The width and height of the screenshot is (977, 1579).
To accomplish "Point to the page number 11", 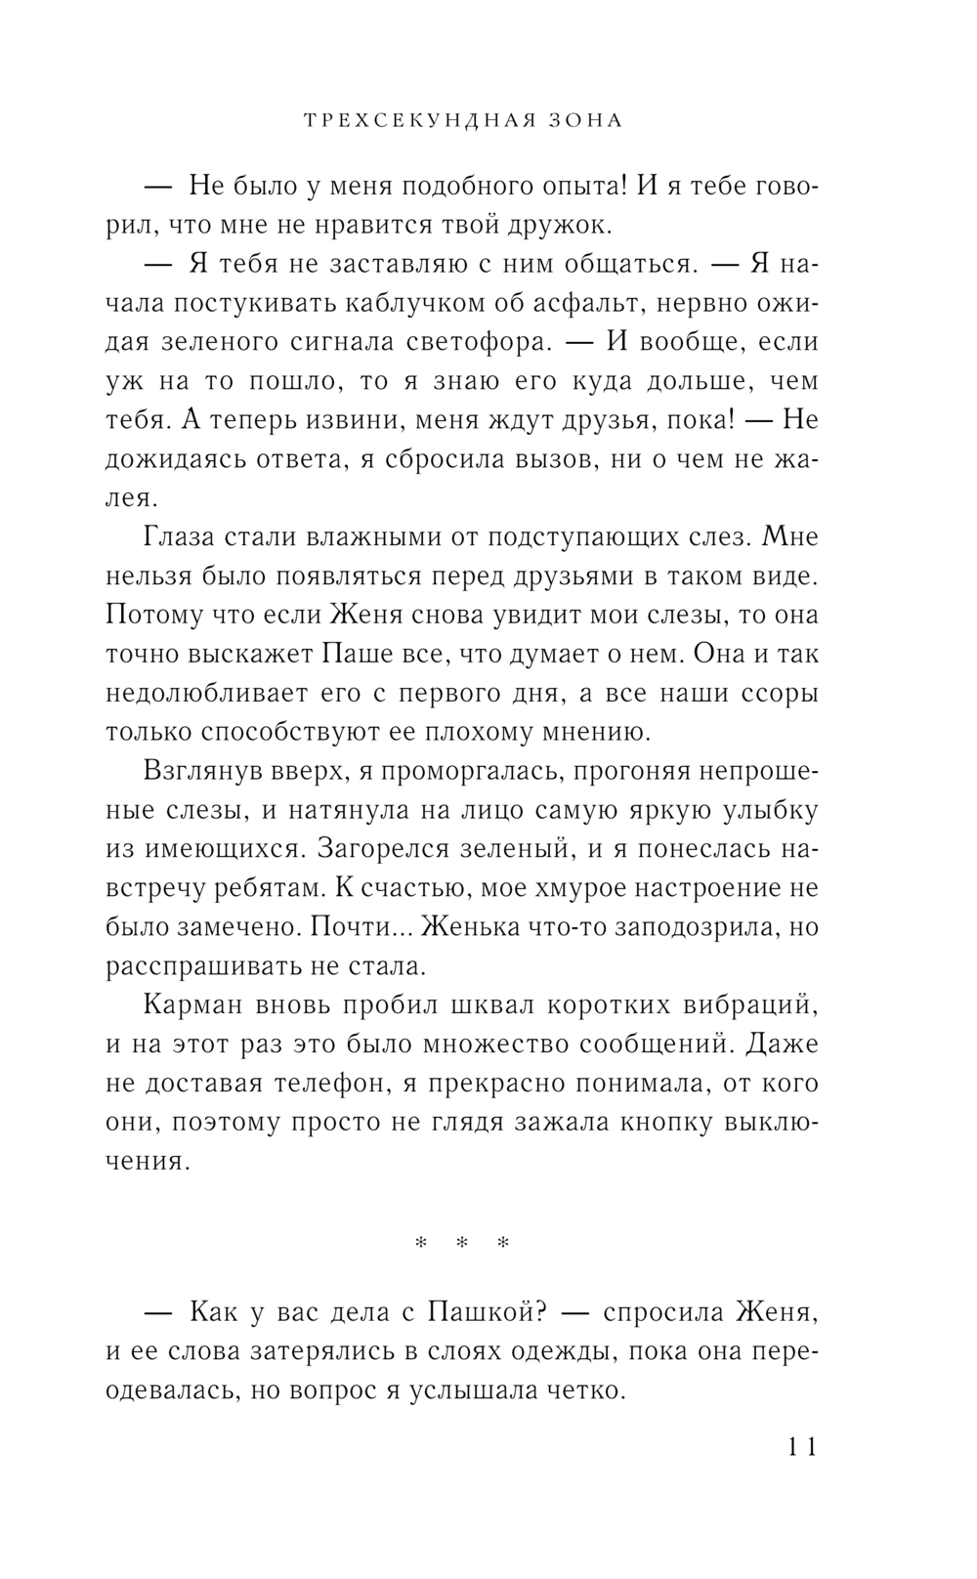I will pyautogui.click(x=798, y=1446).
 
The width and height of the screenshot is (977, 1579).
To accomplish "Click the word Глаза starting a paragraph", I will pyautogui.click(x=189, y=537).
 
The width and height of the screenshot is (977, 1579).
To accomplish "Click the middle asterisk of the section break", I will pyautogui.click(x=462, y=1244).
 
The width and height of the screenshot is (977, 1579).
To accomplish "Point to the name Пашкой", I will pyautogui.click(x=485, y=1312).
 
